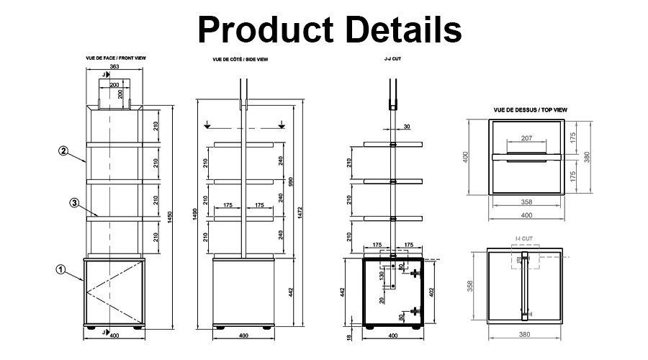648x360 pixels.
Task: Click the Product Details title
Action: coord(330,30)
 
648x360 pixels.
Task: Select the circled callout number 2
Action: coord(63,151)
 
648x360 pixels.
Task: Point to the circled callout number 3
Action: coord(74,203)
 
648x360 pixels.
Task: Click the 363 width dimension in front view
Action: coord(114,67)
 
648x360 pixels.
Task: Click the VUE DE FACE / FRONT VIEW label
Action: coord(114,58)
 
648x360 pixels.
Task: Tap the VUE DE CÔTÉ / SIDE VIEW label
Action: coord(239,59)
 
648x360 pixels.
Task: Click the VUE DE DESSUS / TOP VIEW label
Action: coord(531,109)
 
